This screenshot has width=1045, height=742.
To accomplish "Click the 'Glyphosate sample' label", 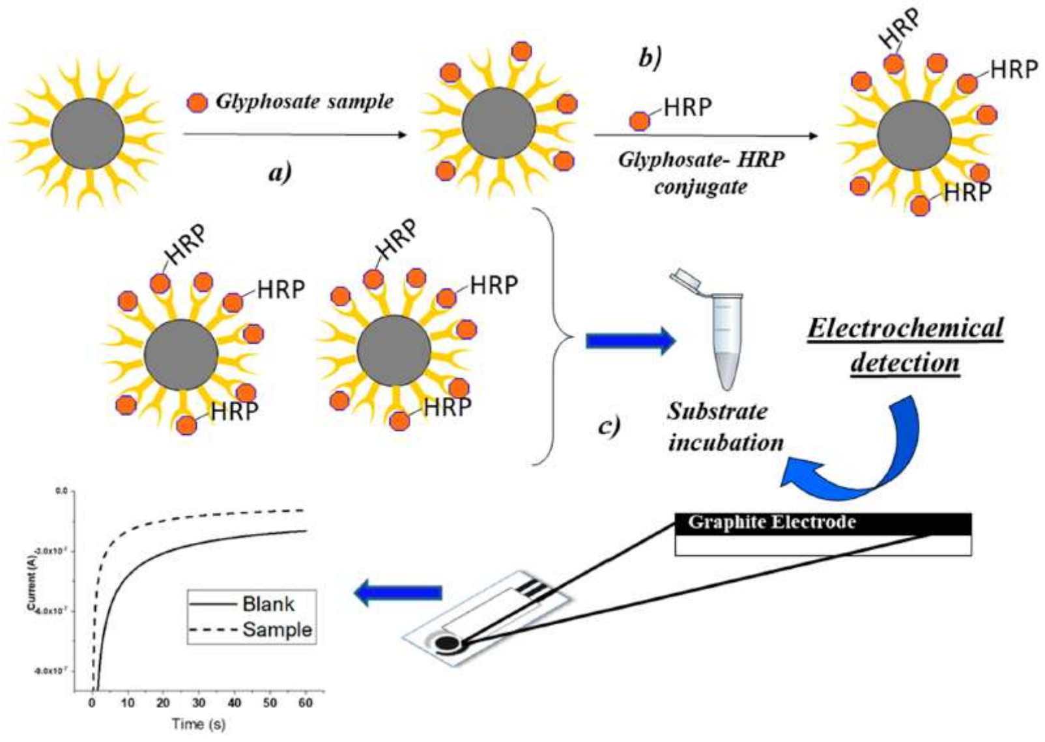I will (x=304, y=102).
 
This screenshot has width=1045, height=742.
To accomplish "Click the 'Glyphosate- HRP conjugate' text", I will (x=701, y=172).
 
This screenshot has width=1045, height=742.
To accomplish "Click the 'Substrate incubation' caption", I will (x=725, y=427).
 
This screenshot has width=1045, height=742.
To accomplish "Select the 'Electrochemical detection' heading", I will (x=906, y=345).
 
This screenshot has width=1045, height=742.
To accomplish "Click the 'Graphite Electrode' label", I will (x=771, y=523).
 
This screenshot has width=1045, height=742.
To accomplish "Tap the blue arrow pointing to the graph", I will (x=397, y=592).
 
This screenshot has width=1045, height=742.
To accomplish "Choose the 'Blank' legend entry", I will (x=268, y=604).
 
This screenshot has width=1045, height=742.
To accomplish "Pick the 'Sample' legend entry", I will (x=277, y=629).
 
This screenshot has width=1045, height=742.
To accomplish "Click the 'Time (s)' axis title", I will (x=199, y=723).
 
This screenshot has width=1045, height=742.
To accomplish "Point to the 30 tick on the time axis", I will (x=199, y=702).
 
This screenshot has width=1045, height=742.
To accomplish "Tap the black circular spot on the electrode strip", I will (x=447, y=644).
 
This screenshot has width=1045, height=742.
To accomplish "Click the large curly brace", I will (x=554, y=337).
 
